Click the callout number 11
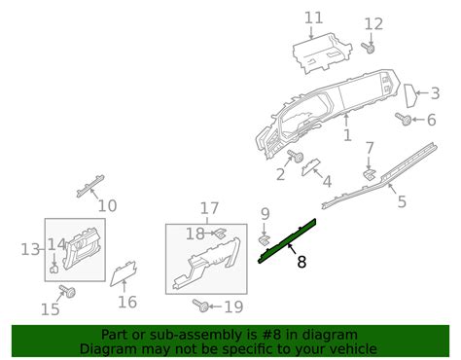pyautogui.click(x=312, y=18)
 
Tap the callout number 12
pyautogui.click(x=374, y=23)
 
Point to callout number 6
pyautogui.click(x=431, y=120)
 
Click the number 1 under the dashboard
pyautogui.click(x=347, y=137)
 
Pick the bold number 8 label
pyautogui.click(x=301, y=261)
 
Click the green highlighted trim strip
pyautogui.click(x=289, y=237)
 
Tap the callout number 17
pyautogui.click(x=210, y=207)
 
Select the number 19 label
pyautogui.click(x=233, y=306)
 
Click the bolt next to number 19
pyautogui.click(x=202, y=306)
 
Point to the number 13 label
pyautogui.click(x=29, y=250)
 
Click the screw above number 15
pyautogui.click(x=69, y=291)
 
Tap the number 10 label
pyautogui.click(x=107, y=205)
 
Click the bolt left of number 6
pyautogui.click(x=402, y=120)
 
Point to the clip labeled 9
pyautogui.click(x=264, y=237)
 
